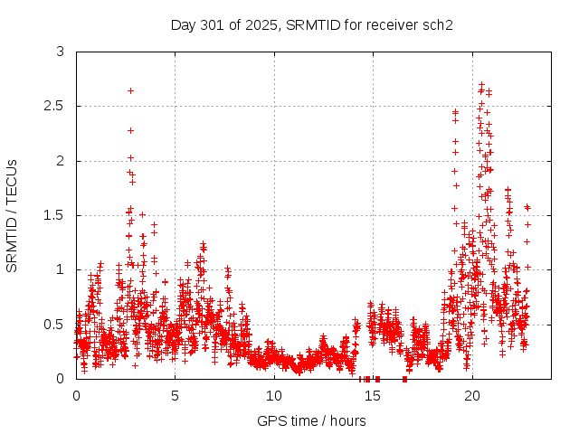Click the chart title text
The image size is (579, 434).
[312, 24]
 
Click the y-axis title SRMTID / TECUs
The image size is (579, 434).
[12, 215]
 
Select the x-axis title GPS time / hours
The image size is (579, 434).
[312, 420]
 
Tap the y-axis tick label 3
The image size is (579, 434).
[61, 52]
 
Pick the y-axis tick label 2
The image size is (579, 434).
[61, 161]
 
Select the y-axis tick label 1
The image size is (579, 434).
[61, 269]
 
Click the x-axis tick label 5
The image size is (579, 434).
[176, 396]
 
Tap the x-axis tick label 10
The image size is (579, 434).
[274, 396]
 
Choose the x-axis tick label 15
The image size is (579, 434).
[374, 396]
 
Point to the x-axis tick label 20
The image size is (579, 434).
[472, 396]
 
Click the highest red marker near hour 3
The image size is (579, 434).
[131, 90]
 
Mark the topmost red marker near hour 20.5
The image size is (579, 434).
[481, 84]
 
